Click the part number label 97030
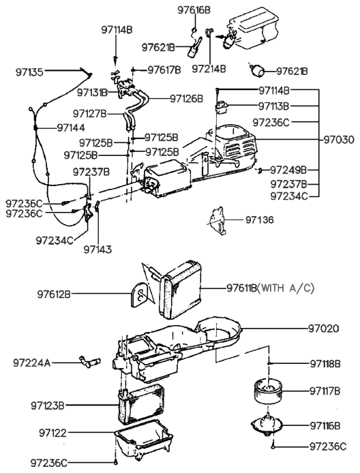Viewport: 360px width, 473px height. tap(339, 139)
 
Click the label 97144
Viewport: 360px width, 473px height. tap(72, 127)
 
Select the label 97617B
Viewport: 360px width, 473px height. tap(164, 70)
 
